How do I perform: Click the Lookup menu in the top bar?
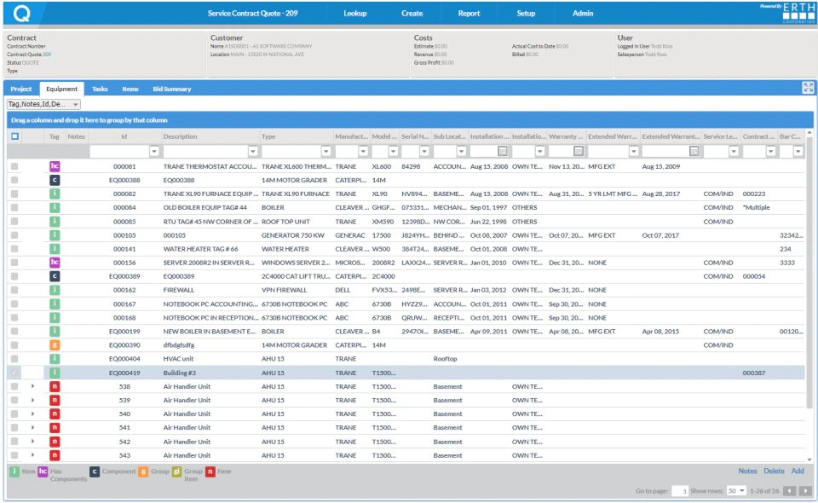click(x=354, y=14)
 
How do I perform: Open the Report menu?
click(x=468, y=14)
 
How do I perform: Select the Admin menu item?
click(x=583, y=14)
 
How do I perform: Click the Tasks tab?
click(x=100, y=89)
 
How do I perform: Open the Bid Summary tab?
click(x=172, y=89)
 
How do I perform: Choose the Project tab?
click(x=21, y=89)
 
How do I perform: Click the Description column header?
click(x=180, y=136)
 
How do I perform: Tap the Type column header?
click(x=268, y=136)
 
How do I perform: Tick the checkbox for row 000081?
click(x=14, y=166)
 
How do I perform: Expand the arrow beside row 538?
click(x=32, y=386)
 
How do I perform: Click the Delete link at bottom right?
click(x=774, y=471)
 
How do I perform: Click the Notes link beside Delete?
click(x=747, y=471)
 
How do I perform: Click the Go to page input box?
click(x=680, y=491)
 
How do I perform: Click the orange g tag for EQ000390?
click(x=55, y=345)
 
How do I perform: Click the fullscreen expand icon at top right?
click(x=808, y=88)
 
